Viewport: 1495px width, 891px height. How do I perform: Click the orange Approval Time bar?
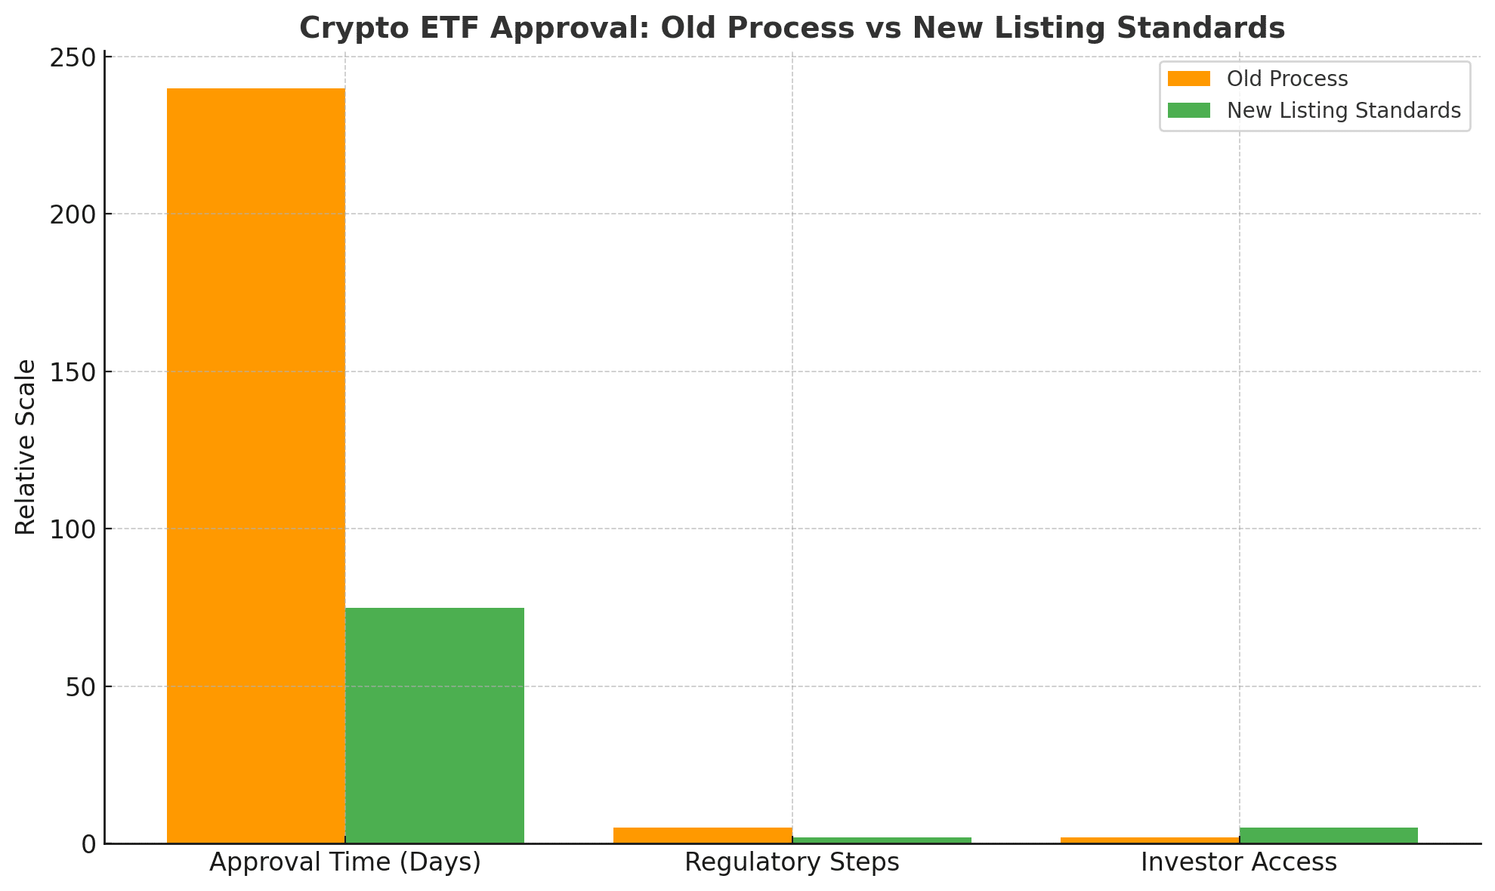255,465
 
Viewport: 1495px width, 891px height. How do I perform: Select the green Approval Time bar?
434,725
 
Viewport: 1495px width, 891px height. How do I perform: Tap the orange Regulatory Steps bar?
703,835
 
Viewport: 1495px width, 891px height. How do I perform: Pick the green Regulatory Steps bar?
882,840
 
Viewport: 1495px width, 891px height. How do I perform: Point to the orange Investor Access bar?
1150,840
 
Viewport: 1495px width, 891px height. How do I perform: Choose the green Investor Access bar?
1328,835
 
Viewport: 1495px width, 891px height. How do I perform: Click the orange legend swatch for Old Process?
1188,79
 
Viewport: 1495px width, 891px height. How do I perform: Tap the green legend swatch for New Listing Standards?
1188,111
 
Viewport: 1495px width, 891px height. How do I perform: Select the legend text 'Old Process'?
1287,79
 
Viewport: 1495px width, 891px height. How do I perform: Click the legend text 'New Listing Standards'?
1343,111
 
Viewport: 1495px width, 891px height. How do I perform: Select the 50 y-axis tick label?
80,687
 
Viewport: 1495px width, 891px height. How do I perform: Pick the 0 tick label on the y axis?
89,844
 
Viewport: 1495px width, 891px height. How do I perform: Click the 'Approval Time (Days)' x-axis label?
345,862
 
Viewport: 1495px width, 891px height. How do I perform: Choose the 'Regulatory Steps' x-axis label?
792,862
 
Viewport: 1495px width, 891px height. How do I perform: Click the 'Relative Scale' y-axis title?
26,447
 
